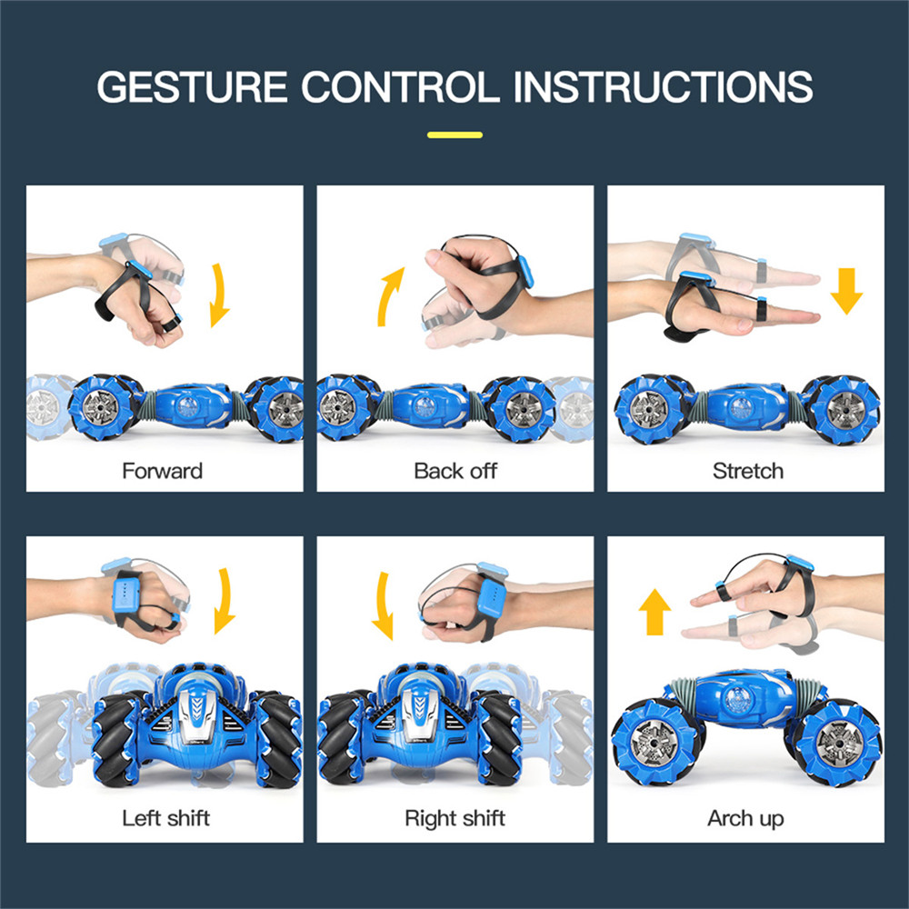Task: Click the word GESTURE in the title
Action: point(192,87)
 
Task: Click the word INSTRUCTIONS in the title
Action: point(664,87)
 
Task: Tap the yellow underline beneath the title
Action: point(454,135)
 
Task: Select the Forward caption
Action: point(163,471)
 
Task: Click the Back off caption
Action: point(455,471)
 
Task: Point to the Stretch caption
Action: point(748,471)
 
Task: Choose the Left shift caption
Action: point(165,818)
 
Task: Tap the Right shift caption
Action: point(455,818)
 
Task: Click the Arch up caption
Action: point(745,819)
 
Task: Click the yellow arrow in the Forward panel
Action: point(220,295)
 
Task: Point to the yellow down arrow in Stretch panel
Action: point(846,291)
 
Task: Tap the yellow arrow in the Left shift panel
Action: point(226,601)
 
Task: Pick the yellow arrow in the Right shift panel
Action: point(382,605)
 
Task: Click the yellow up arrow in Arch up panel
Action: point(654,612)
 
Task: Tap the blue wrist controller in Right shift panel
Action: point(492,596)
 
